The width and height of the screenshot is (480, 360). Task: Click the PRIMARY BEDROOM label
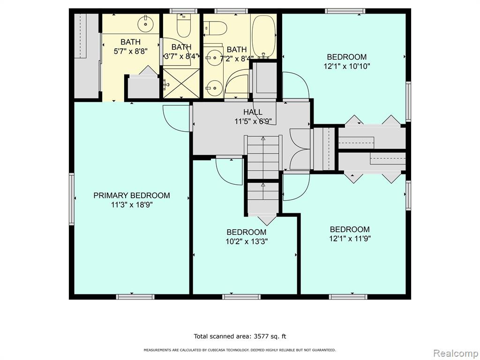(x=132, y=195)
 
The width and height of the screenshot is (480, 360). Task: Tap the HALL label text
(x=253, y=112)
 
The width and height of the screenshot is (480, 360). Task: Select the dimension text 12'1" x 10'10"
(x=347, y=66)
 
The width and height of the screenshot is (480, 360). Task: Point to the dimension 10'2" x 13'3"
(x=247, y=241)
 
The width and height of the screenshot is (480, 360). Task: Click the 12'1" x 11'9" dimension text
(x=350, y=239)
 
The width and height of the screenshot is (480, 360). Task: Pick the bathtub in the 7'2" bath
(x=263, y=37)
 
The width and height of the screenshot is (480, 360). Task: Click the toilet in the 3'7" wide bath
(x=184, y=26)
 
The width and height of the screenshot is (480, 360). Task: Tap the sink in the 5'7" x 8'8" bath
(x=145, y=23)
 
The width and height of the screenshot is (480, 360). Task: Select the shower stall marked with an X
(x=181, y=83)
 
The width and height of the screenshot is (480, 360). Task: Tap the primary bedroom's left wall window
(x=72, y=199)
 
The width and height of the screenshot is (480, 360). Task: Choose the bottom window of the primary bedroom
(x=135, y=297)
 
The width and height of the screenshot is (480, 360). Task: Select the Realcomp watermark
(x=456, y=353)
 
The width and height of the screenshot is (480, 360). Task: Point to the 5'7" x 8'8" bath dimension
(x=131, y=51)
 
